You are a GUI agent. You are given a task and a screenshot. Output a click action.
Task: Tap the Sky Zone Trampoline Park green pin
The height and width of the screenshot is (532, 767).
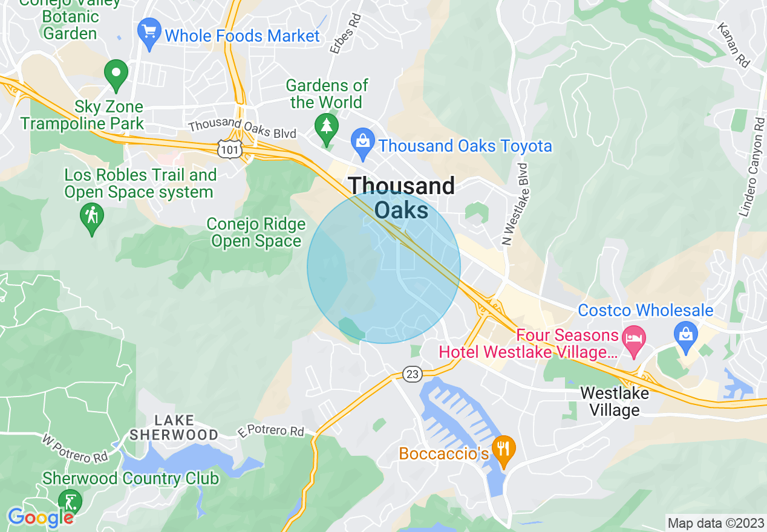(x=116, y=74)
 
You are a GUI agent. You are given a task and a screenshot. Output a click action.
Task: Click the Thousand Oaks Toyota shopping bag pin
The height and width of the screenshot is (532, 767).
(x=362, y=144)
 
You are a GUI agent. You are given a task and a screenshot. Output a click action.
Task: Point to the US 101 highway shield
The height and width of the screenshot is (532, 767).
(x=230, y=148)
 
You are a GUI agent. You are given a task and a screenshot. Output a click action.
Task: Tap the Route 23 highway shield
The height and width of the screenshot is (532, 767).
(x=412, y=374)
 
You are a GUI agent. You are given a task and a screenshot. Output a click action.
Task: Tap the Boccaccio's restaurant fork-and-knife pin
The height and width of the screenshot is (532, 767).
(x=503, y=450)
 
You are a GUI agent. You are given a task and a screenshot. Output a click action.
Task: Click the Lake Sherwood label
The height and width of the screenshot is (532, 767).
(x=174, y=427)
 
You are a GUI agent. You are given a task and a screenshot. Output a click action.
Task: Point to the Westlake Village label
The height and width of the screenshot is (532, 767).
(x=614, y=402)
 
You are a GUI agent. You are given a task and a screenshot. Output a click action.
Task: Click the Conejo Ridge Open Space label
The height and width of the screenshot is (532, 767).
(x=256, y=233)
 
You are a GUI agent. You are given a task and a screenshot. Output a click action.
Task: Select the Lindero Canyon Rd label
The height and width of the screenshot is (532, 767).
(x=751, y=164)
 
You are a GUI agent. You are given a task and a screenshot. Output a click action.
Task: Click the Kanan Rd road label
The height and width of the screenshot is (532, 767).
(x=733, y=45)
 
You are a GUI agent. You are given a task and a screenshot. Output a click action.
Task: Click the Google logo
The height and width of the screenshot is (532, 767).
(x=41, y=517)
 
